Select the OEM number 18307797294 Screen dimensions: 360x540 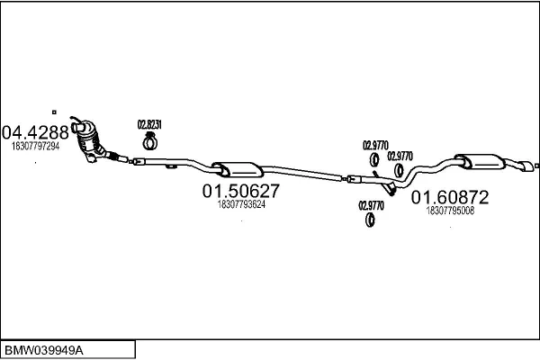(x=36, y=146)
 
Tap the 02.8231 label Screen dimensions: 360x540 (x=149, y=124)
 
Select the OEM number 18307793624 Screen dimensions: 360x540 (x=241, y=204)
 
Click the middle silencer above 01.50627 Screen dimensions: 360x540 (x=236, y=167)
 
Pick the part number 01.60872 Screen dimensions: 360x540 (x=450, y=196)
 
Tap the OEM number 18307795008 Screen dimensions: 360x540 (x=450, y=210)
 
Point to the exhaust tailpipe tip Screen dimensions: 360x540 (x=523, y=167)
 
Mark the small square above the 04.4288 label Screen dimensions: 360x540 (x=54, y=112)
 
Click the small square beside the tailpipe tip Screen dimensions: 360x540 (x=536, y=166)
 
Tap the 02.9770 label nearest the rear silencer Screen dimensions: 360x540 (x=400, y=155)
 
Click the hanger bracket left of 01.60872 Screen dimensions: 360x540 (x=389, y=190)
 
